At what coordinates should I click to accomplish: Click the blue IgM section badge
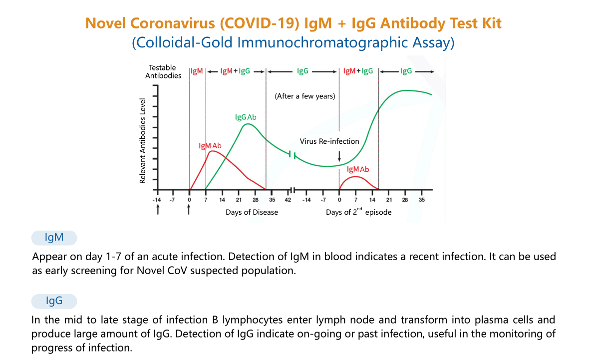pyautogui.click(x=54, y=238)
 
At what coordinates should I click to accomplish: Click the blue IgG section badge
pyautogui.click(x=54, y=301)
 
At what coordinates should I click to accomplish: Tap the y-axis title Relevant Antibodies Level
pyautogui.click(x=143, y=140)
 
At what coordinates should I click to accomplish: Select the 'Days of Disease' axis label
pyautogui.click(x=252, y=212)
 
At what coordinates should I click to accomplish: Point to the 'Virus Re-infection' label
pyautogui.click(x=329, y=141)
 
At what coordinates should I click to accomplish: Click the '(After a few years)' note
pyautogui.click(x=304, y=96)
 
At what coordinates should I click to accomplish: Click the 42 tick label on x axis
pyautogui.click(x=288, y=200)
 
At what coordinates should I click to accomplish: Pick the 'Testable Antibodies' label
pyautogui.click(x=163, y=72)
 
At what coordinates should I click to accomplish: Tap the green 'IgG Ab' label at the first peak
pyautogui.click(x=246, y=117)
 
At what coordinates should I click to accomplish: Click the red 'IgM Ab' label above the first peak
pyautogui.click(x=210, y=146)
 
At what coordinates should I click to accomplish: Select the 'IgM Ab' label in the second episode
pyautogui.click(x=358, y=169)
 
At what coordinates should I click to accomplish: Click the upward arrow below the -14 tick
pyautogui.click(x=158, y=210)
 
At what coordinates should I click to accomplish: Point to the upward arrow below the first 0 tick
pyautogui.click(x=189, y=210)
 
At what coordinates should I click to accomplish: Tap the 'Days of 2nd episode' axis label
pyautogui.click(x=358, y=212)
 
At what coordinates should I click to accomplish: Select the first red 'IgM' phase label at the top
pyautogui.click(x=197, y=71)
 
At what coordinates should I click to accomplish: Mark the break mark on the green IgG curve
pyautogui.click(x=293, y=154)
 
